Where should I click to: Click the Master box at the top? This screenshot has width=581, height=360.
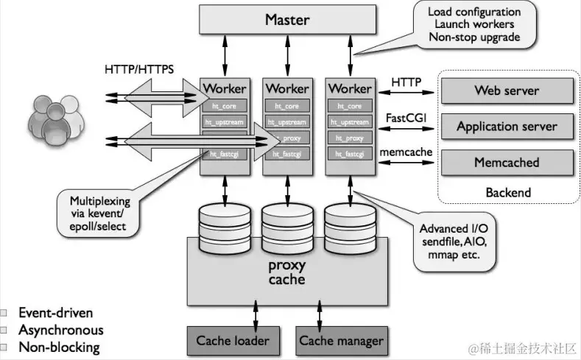click(x=286, y=20)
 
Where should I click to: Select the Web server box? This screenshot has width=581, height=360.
click(x=506, y=91)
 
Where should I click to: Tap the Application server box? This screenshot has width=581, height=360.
click(x=506, y=126)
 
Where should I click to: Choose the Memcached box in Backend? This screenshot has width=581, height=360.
click(x=506, y=162)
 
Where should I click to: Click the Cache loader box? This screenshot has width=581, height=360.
click(x=232, y=341)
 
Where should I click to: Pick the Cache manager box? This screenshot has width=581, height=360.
click(x=341, y=341)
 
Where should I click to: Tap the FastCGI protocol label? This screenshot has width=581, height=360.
click(x=406, y=118)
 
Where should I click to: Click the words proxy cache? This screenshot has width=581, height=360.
click(x=286, y=272)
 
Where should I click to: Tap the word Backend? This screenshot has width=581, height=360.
click(x=507, y=192)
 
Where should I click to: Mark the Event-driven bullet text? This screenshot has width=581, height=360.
click(x=55, y=312)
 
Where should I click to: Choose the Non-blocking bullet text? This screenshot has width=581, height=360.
click(x=58, y=347)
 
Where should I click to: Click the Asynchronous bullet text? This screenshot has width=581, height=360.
click(x=60, y=330)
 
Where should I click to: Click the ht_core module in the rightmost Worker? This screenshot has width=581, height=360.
click(x=349, y=106)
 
